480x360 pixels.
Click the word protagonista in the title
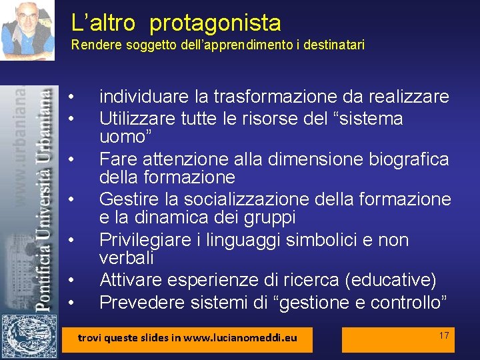215,24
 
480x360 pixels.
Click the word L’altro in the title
103,23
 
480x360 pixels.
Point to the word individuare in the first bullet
140,97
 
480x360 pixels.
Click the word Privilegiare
145,240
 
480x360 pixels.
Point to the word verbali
127,257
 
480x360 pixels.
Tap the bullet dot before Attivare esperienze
70,281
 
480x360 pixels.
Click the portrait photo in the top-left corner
27,30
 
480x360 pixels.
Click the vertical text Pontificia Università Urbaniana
43,200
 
